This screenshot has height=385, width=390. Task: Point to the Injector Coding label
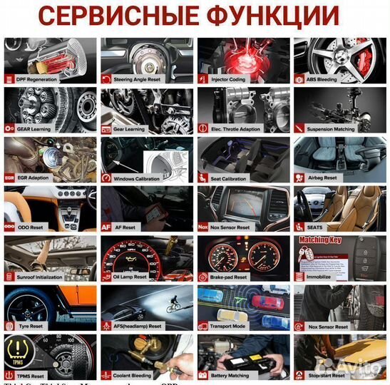pos(228,80)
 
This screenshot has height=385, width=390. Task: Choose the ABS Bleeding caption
pos(323,80)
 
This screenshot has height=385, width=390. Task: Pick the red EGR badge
pos(9,178)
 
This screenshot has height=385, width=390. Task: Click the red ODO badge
pos(9,227)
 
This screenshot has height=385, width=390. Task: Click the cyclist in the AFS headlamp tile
pos(171,308)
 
